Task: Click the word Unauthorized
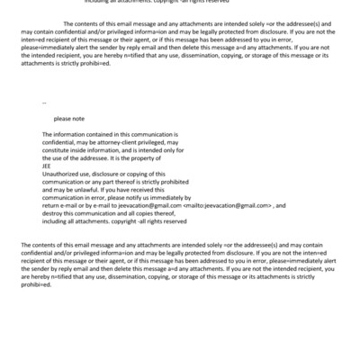click(60, 173)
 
